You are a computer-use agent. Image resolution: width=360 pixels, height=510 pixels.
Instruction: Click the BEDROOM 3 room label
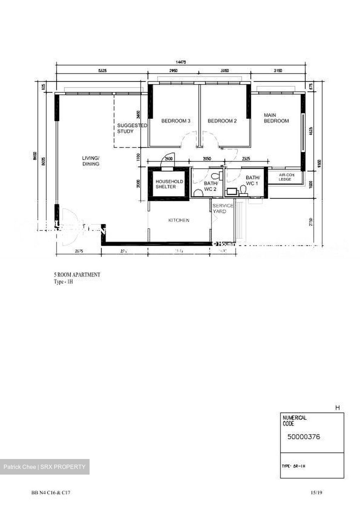pyautogui.click(x=176, y=121)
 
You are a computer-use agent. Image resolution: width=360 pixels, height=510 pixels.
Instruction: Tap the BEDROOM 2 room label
pyautogui.click(x=222, y=121)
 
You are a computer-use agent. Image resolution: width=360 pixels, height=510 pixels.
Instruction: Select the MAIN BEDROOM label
pyautogui.click(x=276, y=118)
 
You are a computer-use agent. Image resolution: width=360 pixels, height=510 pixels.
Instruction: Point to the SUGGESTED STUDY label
pyautogui.click(x=132, y=128)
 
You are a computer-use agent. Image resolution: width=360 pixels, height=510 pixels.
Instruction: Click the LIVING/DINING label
pyautogui.click(x=91, y=161)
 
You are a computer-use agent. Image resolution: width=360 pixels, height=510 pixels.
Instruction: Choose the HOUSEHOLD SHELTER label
pyautogui.click(x=169, y=184)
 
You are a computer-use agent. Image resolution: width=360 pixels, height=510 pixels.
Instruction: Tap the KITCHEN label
pyautogui.click(x=179, y=220)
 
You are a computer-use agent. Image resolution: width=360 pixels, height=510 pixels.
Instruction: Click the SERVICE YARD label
pyautogui.click(x=222, y=208)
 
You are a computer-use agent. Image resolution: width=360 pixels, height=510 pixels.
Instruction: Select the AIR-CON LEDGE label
pyautogui.click(x=285, y=177)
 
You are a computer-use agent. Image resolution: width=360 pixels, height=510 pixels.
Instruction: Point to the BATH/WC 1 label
pyautogui.click(x=253, y=180)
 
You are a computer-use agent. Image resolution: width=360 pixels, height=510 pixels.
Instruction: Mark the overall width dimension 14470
pyautogui.click(x=181, y=62)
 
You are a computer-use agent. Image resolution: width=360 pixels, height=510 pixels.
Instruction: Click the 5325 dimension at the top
pyautogui.click(x=102, y=71)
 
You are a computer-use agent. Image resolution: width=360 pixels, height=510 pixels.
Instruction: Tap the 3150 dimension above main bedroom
pyautogui.click(x=278, y=71)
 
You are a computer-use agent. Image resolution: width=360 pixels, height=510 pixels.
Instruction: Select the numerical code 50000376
pyautogui.click(x=303, y=437)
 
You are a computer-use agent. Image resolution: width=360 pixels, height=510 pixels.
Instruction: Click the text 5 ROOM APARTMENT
pyautogui.click(x=76, y=274)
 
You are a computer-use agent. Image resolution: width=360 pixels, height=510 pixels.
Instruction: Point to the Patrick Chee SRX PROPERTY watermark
pyautogui.click(x=45, y=467)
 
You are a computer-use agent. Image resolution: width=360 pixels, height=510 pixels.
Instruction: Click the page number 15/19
pyautogui.click(x=316, y=493)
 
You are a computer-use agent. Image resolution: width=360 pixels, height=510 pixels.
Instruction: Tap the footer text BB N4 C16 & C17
pyautogui.click(x=53, y=493)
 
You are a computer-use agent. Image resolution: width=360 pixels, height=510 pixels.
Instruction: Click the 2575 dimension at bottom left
pyautogui.click(x=79, y=251)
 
